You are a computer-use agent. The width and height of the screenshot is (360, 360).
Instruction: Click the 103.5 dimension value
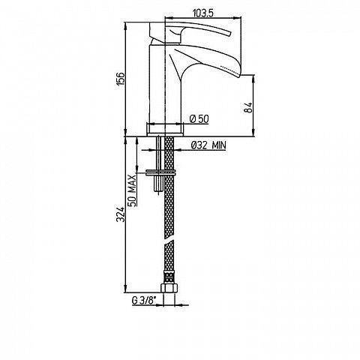[x=202, y=13]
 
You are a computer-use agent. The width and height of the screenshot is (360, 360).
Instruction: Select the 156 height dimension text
[x=121, y=79]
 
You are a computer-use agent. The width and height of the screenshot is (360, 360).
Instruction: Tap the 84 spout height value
[x=247, y=108]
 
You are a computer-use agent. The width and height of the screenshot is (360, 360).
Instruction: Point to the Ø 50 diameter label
[x=199, y=119]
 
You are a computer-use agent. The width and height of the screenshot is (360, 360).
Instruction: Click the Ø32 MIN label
[x=208, y=145]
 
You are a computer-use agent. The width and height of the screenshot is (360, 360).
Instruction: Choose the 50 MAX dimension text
[x=133, y=190]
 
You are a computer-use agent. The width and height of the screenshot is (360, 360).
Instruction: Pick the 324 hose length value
[x=121, y=214]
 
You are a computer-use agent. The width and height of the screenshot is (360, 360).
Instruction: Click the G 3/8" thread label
[x=144, y=301]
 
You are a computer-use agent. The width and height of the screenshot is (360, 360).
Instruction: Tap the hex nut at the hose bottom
[x=169, y=288]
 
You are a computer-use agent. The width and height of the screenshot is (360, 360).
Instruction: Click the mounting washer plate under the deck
[x=161, y=172]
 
